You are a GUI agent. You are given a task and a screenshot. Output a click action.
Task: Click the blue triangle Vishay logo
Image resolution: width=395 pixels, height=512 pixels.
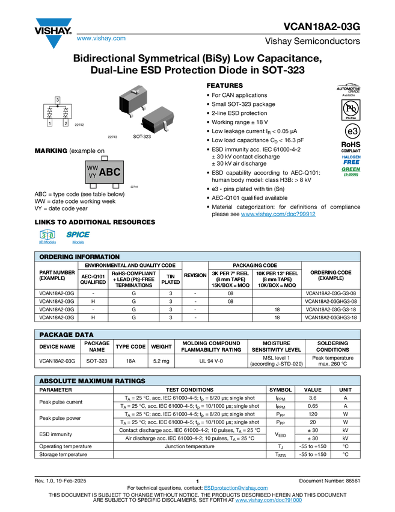click(54, 42)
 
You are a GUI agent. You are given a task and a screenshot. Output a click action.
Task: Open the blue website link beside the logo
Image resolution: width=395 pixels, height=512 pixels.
click(101, 39)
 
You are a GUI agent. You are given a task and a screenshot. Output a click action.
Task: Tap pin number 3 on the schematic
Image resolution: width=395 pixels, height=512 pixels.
click(57, 99)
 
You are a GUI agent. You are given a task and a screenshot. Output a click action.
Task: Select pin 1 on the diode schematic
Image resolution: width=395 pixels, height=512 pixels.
click(49, 123)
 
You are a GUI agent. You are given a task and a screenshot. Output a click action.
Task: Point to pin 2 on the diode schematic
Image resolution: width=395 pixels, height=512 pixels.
click(66, 123)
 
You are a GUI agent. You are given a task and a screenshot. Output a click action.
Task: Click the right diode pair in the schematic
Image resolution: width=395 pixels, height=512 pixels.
click(65, 113)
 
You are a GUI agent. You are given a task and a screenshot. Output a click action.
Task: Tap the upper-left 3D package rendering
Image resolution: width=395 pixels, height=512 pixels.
click(133, 98)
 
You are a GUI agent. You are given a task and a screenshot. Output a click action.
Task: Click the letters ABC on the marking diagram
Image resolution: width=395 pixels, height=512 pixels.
click(109, 172)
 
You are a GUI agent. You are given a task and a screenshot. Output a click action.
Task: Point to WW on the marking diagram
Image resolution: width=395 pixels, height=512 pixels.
click(93, 167)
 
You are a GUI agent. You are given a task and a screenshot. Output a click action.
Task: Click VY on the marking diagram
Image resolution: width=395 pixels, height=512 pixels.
click(93, 175)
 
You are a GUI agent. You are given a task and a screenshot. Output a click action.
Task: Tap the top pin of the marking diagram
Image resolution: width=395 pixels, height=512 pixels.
click(104, 158)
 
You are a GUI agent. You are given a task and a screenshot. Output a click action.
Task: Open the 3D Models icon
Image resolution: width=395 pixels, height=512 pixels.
click(47, 237)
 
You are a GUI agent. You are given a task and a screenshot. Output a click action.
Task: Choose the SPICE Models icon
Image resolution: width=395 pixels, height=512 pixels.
click(78, 237)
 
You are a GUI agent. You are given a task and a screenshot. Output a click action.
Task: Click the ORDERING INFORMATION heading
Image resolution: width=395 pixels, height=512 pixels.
click(79, 257)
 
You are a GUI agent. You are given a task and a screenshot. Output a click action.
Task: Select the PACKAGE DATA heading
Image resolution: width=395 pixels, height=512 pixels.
click(66, 334)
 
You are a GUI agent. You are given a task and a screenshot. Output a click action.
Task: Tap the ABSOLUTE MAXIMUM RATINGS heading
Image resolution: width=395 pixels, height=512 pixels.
click(92, 381)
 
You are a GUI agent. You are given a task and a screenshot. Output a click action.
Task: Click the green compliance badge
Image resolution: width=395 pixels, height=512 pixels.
click(351, 171)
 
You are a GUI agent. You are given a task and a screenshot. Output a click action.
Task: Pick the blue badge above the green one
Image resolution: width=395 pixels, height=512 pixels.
click(351, 158)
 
